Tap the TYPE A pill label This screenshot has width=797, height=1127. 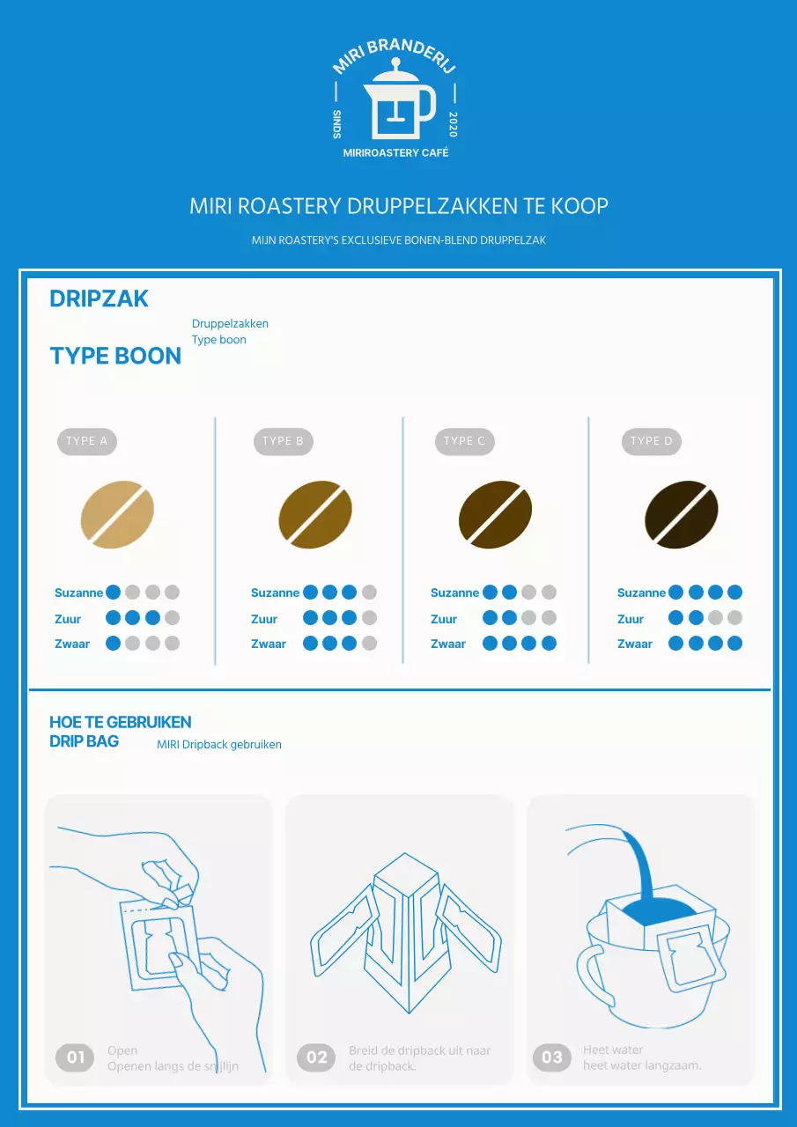87,442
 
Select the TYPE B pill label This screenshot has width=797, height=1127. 284,442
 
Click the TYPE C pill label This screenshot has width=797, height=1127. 465,442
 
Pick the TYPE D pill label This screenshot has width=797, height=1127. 652,442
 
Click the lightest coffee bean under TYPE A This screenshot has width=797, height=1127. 117,514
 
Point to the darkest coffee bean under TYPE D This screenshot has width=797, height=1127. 682,514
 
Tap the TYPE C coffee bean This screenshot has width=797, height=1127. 495,514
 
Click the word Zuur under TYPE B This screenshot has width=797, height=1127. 264,619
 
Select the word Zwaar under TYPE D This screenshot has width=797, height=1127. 634,644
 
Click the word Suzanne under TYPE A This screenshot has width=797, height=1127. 78,593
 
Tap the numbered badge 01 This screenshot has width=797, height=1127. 75,1057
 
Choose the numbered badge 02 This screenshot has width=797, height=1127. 316,1057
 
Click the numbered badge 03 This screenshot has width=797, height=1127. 552,1057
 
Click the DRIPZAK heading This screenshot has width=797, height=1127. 100,298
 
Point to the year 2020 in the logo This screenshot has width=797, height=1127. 453,124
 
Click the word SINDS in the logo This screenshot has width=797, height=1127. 337,124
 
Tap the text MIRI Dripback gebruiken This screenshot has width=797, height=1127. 219,745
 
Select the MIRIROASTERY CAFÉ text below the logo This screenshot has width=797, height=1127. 395,153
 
